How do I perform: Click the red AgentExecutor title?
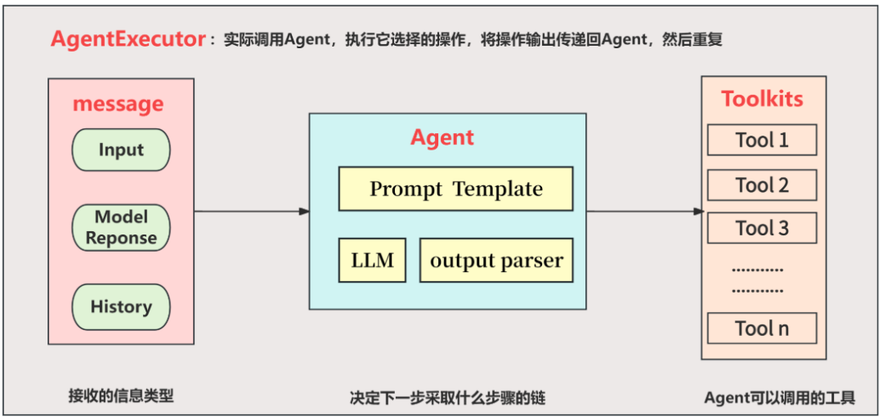point(128,39)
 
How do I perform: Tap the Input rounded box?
point(121,150)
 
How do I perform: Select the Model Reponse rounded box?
point(121,227)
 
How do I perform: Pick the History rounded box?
point(121,307)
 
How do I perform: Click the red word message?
point(118,105)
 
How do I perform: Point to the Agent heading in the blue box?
point(442,137)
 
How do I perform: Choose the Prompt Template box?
point(455,189)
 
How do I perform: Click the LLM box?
point(372,261)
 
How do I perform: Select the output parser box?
point(496,261)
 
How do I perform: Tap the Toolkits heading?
point(762,99)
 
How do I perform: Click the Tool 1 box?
point(762,140)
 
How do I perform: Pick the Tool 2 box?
point(762,185)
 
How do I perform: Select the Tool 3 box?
point(762,228)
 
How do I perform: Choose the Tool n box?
point(762,328)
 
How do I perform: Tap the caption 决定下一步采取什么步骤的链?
point(447,398)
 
